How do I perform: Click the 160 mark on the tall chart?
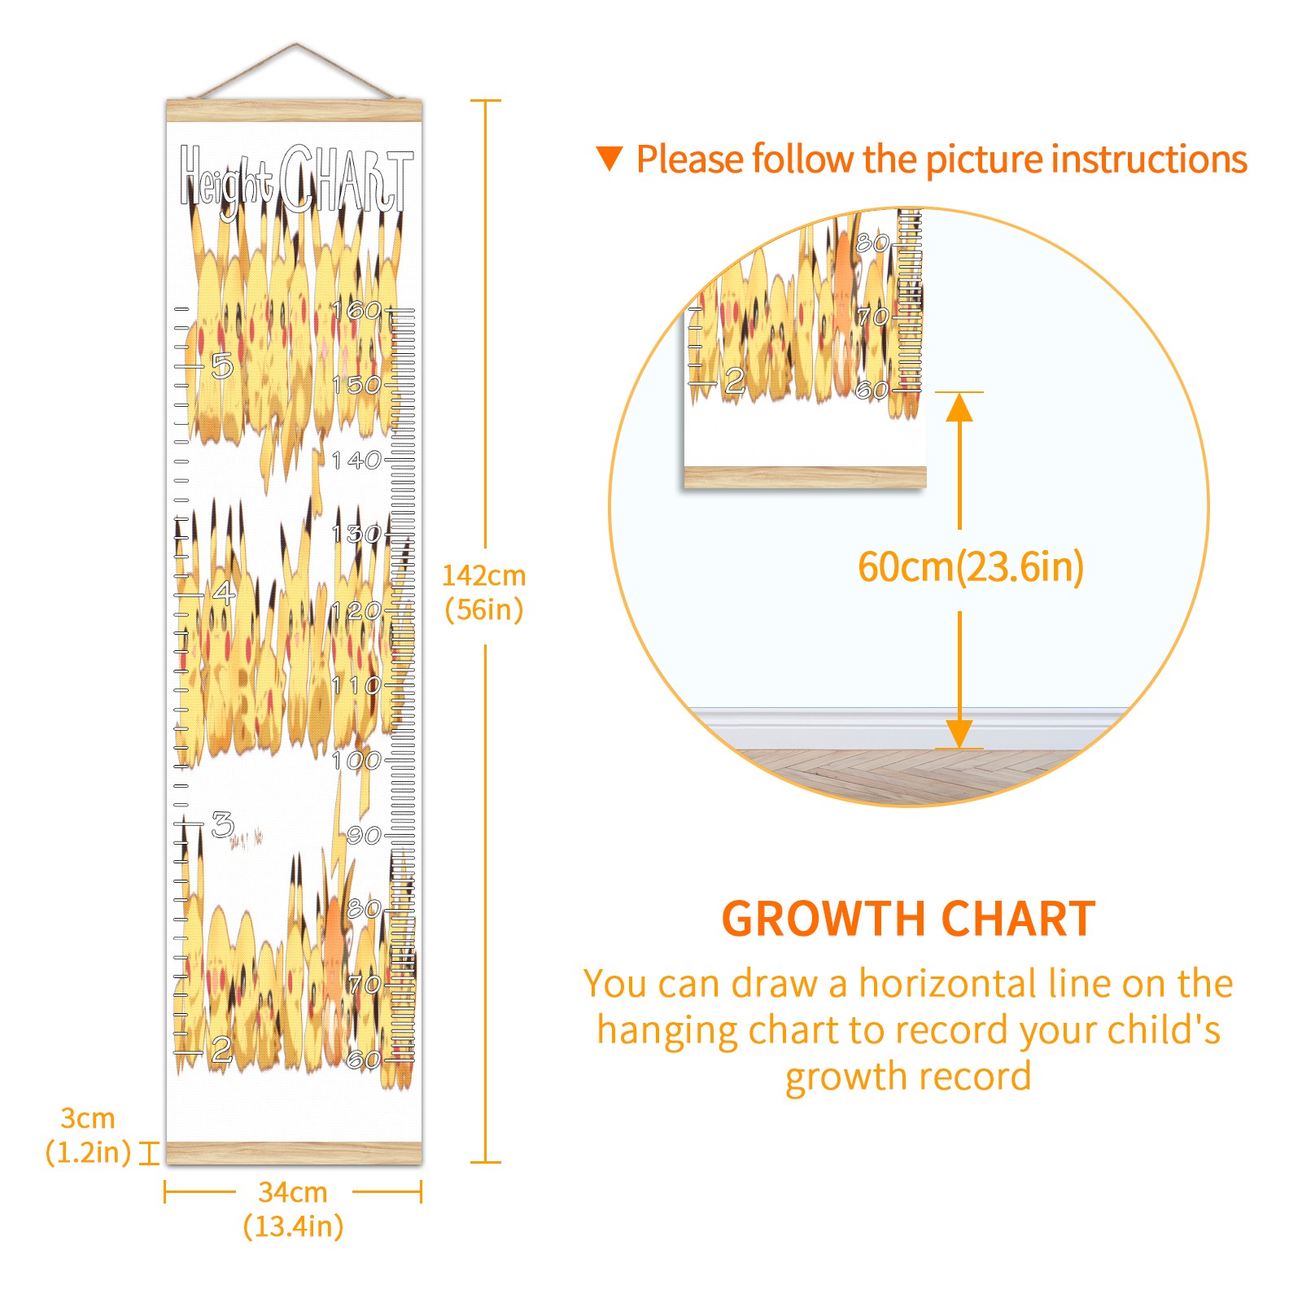356,310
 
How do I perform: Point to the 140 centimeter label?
356,460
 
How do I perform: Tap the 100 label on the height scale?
356,761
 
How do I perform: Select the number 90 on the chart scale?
363,835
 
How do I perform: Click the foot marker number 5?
221,366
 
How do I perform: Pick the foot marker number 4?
223,592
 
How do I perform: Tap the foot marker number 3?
222,824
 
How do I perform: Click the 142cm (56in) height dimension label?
483,592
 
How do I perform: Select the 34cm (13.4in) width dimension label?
293,1208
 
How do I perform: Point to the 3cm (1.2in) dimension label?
88,1135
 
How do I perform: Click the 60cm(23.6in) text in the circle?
971,567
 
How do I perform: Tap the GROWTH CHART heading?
908,920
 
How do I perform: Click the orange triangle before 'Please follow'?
609,158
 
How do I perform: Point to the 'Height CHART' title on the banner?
296,179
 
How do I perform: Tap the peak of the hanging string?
296,44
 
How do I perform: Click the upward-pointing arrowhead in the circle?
959,407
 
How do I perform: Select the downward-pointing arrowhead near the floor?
959,734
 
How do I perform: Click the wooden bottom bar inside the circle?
805,477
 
